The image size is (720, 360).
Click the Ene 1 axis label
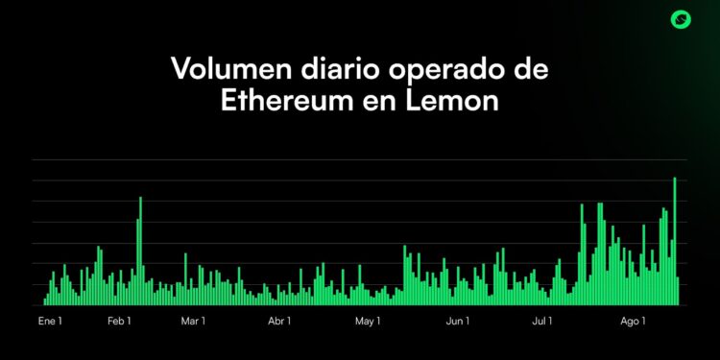click(x=50, y=320)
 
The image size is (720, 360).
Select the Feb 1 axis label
click(x=119, y=320)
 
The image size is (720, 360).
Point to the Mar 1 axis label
click(x=194, y=320)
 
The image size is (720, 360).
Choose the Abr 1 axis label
click(x=280, y=320)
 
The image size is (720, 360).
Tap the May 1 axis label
click(x=368, y=320)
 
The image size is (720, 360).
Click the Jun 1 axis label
click(x=457, y=320)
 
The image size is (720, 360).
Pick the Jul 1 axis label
click(x=542, y=320)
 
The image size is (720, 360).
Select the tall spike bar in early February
click(x=140, y=252)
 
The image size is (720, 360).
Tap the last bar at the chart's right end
click(x=678, y=291)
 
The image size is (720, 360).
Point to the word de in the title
click(x=534, y=70)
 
